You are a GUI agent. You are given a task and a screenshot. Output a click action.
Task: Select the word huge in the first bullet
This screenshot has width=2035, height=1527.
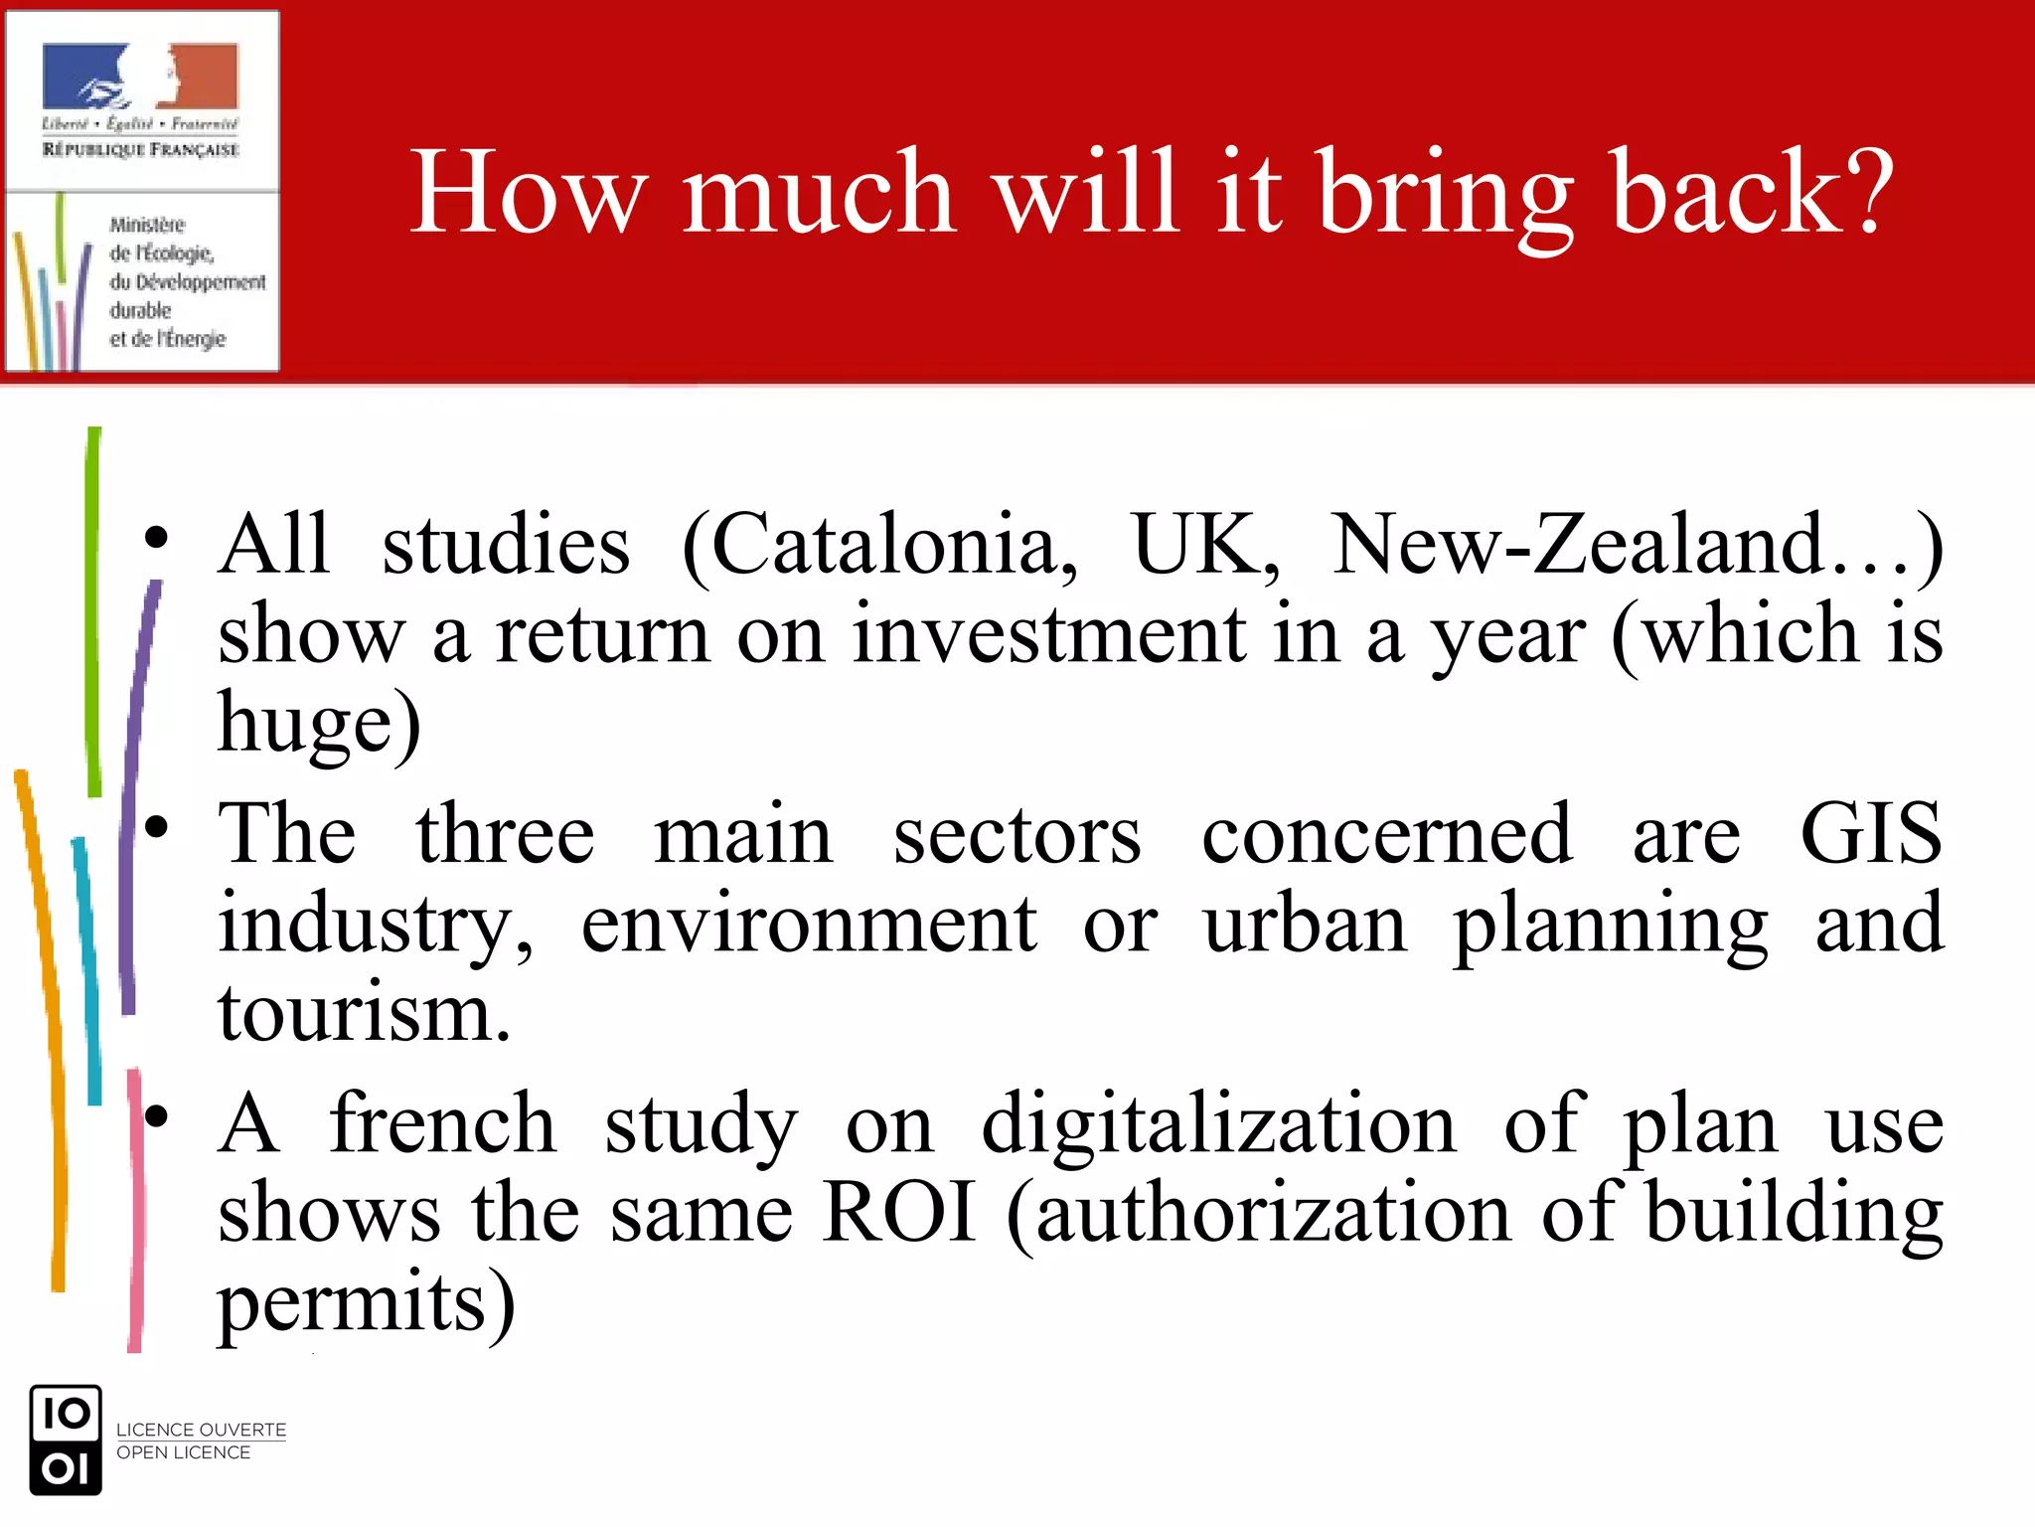[x=306, y=723]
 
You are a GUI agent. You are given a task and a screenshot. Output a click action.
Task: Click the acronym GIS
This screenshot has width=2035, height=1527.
[x=1870, y=833]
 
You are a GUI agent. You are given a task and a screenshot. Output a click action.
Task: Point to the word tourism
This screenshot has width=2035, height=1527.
[x=364, y=1013]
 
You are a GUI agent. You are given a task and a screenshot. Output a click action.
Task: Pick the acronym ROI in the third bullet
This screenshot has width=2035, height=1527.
[x=899, y=1213]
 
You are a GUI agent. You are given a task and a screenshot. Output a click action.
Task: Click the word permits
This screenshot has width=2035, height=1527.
[x=353, y=1302]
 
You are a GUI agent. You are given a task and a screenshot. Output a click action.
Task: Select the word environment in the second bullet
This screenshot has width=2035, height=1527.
[x=809, y=925]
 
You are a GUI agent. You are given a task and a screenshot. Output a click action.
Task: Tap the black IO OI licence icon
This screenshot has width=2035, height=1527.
[x=66, y=1440]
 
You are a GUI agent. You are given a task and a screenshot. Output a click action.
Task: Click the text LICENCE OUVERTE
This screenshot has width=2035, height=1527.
[x=201, y=1430]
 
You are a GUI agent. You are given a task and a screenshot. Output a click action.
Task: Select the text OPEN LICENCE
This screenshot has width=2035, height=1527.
[x=183, y=1452]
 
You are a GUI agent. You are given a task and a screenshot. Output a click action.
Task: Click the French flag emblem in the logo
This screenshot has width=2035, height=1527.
[x=140, y=77]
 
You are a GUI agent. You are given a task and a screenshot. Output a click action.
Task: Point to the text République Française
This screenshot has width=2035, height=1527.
[x=140, y=149]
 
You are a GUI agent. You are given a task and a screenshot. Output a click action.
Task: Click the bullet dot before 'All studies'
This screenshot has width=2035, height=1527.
[x=156, y=538]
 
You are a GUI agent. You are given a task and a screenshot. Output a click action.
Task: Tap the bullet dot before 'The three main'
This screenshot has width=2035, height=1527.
[x=156, y=827]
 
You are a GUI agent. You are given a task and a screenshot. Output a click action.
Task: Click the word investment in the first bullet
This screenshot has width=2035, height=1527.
[x=1048, y=634]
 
